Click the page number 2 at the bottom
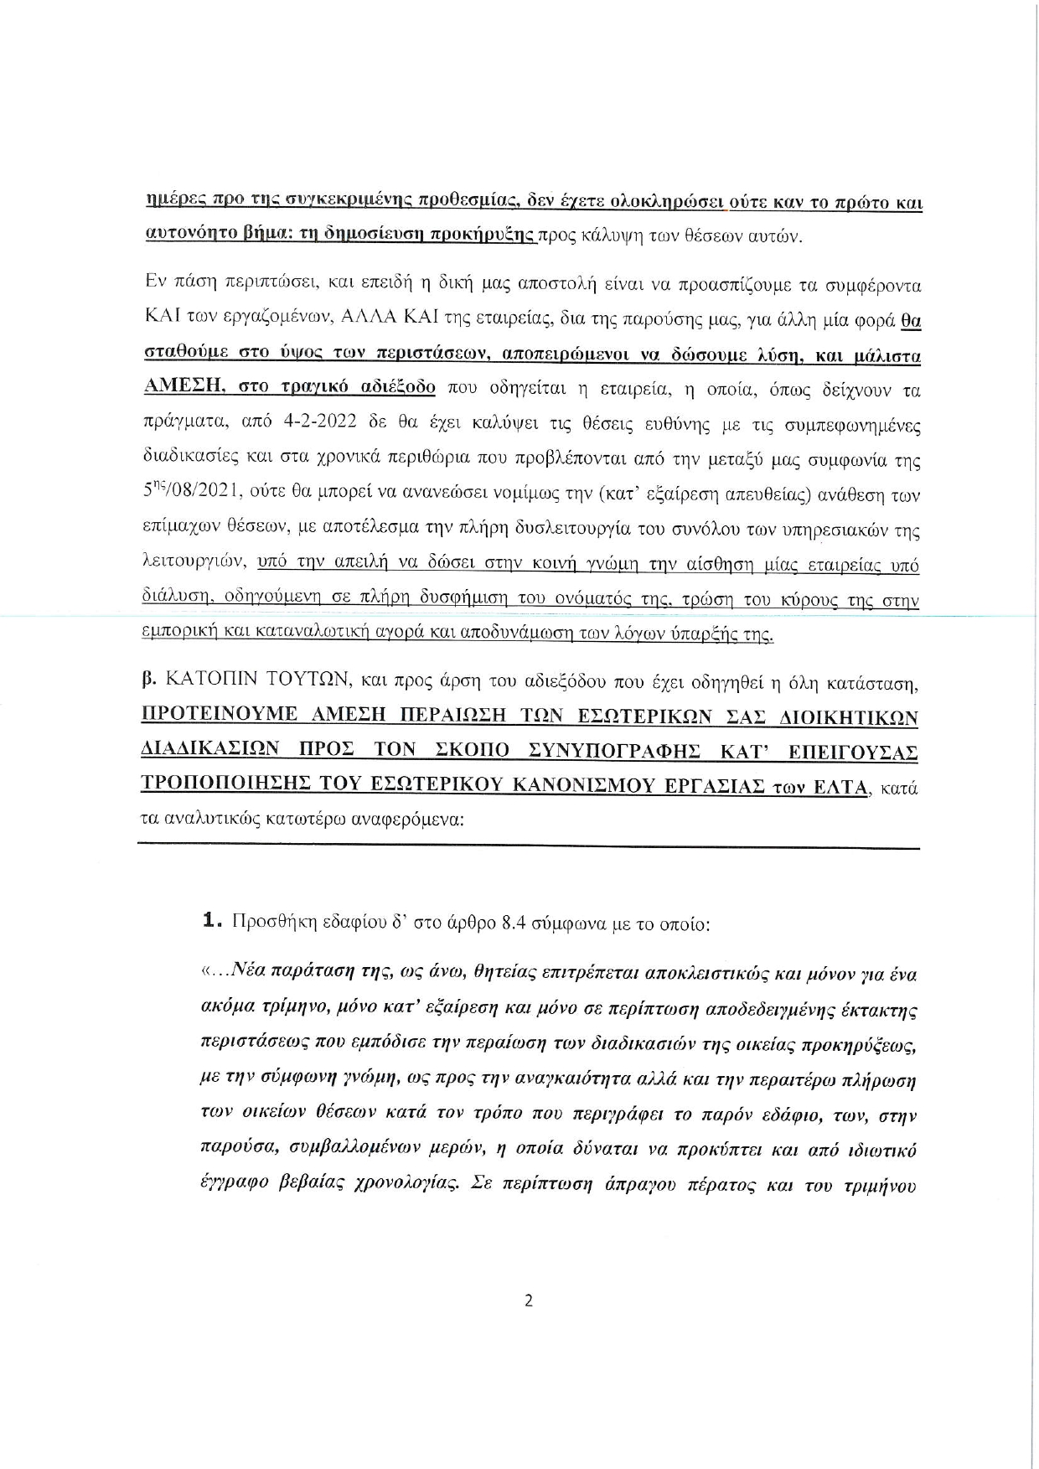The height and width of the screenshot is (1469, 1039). (x=528, y=1301)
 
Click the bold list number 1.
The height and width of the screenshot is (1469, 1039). (x=211, y=923)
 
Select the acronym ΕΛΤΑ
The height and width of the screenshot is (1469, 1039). (x=835, y=786)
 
